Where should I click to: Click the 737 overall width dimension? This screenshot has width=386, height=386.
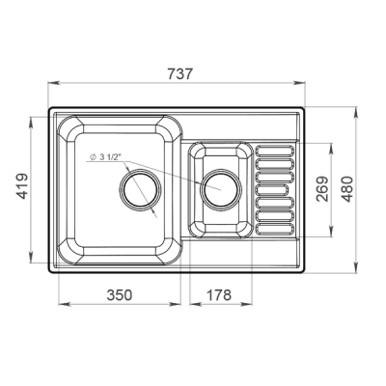pyautogui.click(x=179, y=74)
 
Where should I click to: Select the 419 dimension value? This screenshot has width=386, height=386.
pyautogui.click(x=22, y=186)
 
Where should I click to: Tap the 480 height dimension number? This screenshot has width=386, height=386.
pyautogui.click(x=346, y=189)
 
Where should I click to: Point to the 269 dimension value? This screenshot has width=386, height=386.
pyautogui.click(x=322, y=189)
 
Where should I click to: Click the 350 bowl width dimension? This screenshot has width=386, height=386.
pyautogui.click(x=120, y=294)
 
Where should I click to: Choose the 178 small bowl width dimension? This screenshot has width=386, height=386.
pyautogui.click(x=219, y=294)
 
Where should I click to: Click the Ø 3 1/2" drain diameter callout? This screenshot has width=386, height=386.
pyautogui.click(x=105, y=157)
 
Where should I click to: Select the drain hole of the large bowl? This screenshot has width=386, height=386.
pyautogui.click(x=140, y=190)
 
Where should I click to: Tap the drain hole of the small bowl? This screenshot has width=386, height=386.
pyautogui.click(x=221, y=189)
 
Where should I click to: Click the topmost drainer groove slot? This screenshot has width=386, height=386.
pyautogui.click(x=275, y=151)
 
